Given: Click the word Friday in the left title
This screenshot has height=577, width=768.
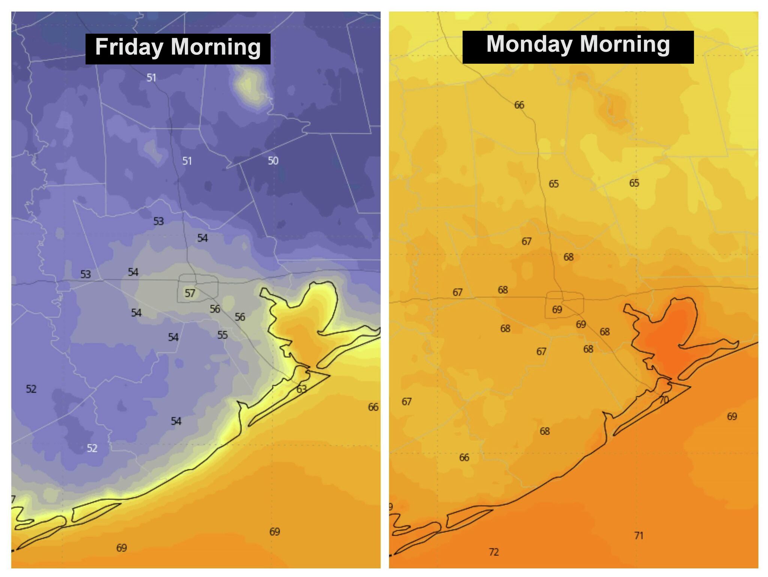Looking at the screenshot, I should pos(129,47).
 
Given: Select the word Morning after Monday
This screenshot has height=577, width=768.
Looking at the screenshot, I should pos(624,44).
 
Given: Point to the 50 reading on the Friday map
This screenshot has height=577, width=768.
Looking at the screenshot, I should pos(273,161).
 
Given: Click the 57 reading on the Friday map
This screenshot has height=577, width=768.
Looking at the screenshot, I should pos(190,293).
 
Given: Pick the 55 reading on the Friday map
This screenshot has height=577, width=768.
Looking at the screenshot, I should pos(222,335).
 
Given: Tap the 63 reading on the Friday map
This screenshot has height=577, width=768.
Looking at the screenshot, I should pos(301,389).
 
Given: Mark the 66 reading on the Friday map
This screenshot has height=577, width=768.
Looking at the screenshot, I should pos(373,407).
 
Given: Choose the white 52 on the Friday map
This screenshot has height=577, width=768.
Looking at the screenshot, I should pos(92,448).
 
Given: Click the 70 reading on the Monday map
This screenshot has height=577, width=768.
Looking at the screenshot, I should pos(664,400).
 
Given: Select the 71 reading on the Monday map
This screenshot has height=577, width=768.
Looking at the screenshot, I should pos(639,536).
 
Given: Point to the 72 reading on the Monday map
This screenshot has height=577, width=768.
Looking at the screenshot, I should pos(494,552).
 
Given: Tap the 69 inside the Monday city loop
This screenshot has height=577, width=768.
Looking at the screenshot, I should pos(557,310).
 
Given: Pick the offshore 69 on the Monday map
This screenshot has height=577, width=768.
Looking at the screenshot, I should pos(732,416).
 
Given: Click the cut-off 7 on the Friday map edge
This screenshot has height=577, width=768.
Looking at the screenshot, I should pos(13,499).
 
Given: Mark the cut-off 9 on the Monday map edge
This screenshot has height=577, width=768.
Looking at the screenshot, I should pos(391,507).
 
